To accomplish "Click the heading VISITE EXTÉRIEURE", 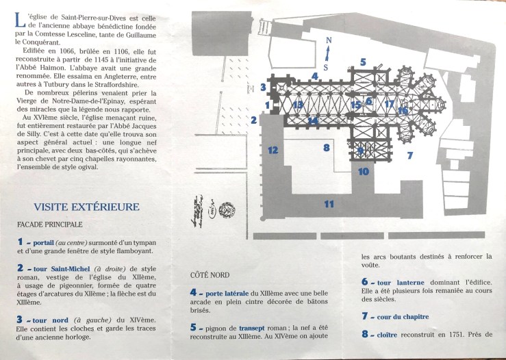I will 86,207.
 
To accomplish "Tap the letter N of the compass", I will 328,41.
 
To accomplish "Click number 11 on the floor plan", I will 329,203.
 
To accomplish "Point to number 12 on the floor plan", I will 273,150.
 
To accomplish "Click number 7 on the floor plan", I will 410,155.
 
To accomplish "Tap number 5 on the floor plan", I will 363,62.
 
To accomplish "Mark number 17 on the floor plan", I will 388,104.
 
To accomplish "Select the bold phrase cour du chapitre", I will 401,316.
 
